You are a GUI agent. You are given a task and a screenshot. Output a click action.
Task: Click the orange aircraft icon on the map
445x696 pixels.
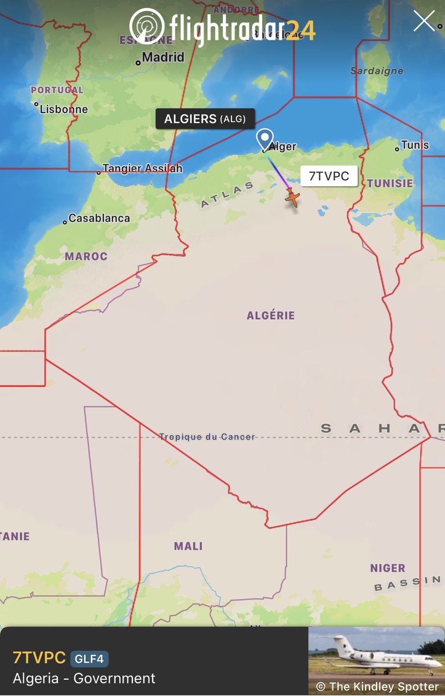[293, 198]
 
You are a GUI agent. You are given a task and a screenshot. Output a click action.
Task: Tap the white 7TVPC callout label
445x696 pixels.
[329, 176]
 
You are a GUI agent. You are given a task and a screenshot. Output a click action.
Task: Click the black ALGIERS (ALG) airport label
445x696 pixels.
[205, 119]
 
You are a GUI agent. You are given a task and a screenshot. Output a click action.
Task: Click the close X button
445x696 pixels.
[424, 21]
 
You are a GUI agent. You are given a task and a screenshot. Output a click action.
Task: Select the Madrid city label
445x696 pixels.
[163, 57]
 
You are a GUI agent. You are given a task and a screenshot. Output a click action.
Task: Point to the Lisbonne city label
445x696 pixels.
[64, 109]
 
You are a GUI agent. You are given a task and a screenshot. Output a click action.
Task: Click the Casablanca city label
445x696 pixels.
[99, 219]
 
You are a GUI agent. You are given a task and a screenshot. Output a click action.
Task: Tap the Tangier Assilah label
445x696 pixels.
[143, 169]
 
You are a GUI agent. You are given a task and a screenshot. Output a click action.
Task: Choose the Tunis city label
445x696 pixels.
[415, 145]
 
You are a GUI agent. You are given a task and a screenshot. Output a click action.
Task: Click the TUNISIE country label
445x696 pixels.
[390, 183]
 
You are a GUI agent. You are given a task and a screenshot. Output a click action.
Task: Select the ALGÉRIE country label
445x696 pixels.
[271, 316]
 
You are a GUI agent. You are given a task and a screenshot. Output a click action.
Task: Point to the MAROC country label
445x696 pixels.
[86, 256]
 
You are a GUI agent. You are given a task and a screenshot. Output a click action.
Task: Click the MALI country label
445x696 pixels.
[189, 546]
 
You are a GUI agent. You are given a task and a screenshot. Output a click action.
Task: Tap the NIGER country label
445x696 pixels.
[388, 568]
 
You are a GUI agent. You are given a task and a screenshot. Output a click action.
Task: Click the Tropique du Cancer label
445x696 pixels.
[207, 437]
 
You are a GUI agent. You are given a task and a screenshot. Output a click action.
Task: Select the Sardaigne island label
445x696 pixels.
[377, 71]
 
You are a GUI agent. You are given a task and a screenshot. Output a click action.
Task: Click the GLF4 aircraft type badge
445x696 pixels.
[89, 659]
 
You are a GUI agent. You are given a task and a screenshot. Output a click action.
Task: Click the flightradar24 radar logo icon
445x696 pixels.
[147, 26]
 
